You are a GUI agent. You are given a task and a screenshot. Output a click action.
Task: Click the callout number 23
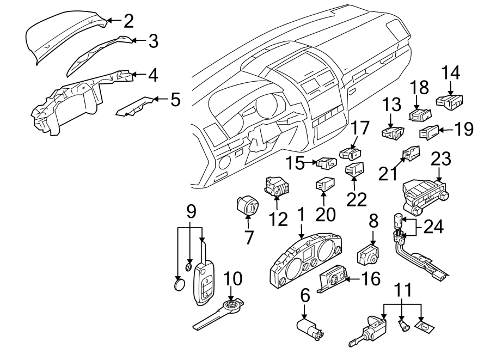(x=441, y=160)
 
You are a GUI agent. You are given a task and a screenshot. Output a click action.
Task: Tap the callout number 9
(x=190, y=210)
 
